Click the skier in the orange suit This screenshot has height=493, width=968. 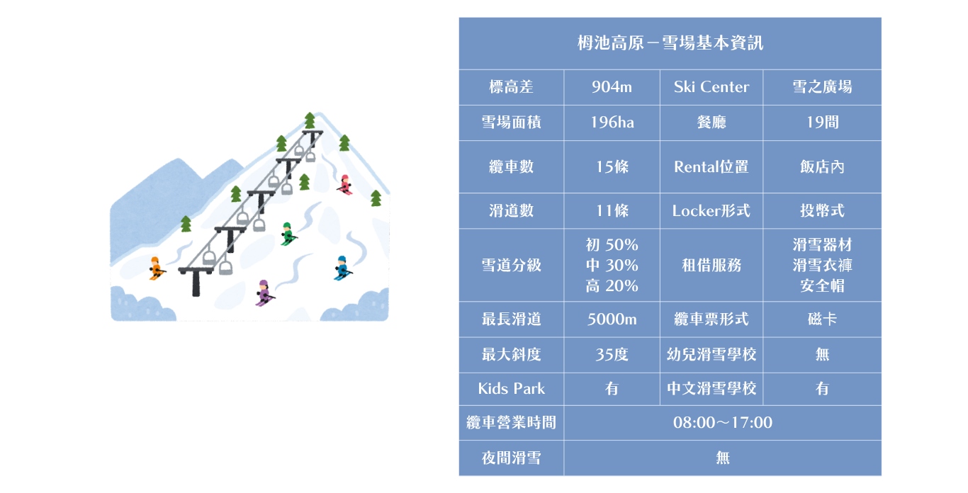(156, 268)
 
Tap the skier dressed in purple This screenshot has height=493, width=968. (264, 293)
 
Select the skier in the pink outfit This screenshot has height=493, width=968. (345, 185)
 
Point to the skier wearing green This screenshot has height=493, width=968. (288, 234)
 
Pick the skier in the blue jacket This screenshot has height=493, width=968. (343, 268)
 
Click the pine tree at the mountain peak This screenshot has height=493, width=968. (310, 120)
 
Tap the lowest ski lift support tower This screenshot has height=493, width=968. (196, 281)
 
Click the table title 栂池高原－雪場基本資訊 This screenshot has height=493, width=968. (670, 42)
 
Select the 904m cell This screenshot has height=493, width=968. (612, 87)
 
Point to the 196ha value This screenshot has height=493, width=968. (612, 123)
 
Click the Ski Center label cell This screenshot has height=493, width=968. (711, 87)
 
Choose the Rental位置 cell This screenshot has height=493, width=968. (711, 166)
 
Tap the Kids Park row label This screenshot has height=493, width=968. (511, 388)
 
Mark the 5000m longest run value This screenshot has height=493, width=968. (612, 319)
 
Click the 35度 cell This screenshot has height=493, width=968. (612, 355)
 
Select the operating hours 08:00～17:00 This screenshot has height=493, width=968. (723, 422)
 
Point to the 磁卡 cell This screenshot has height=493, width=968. (822, 319)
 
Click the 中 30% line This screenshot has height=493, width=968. (612, 265)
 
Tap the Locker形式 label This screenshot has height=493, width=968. (711, 211)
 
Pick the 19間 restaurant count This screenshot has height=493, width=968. (822, 123)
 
